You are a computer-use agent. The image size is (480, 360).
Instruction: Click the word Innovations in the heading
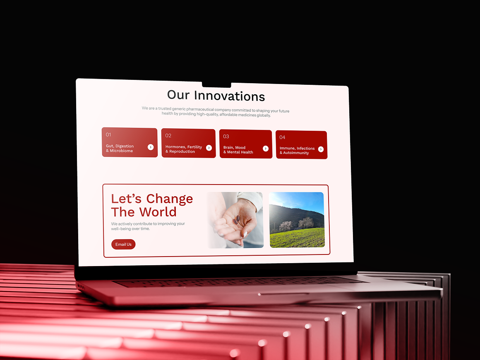pyautogui.click(x=229, y=96)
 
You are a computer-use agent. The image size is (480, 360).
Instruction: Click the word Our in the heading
pyautogui.click(x=178, y=95)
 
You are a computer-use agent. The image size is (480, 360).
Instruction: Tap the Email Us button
pyautogui.click(x=123, y=244)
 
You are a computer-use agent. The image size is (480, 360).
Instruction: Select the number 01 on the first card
pyautogui.click(x=108, y=134)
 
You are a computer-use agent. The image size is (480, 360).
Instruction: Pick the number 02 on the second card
pyautogui.click(x=168, y=135)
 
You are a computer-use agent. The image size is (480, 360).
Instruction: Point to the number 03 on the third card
pyautogui.click(x=226, y=136)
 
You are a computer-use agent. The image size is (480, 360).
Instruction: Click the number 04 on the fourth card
pyautogui.click(x=282, y=137)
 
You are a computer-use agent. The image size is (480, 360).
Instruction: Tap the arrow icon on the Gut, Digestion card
pyautogui.click(x=151, y=147)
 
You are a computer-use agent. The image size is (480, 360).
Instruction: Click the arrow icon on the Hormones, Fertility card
pyautogui.click(x=209, y=148)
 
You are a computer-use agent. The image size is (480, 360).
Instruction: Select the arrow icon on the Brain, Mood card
pyautogui.click(x=266, y=149)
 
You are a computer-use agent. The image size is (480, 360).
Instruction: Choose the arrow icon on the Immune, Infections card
pyautogui.click(x=321, y=149)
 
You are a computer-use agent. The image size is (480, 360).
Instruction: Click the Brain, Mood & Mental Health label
pyautogui.click(x=238, y=150)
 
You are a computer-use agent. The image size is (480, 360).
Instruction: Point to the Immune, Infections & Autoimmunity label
pyautogui.click(x=297, y=151)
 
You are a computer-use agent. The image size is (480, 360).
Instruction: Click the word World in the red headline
pyautogui.click(x=158, y=212)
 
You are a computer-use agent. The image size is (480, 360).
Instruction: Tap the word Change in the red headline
pyautogui.click(x=170, y=199)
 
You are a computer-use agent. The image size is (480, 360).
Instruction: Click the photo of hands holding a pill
pyautogui.click(x=235, y=220)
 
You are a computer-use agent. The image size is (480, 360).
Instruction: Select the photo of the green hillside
pyautogui.click(x=297, y=220)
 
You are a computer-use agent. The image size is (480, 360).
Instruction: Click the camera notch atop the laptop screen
pyautogui.click(x=216, y=85)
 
